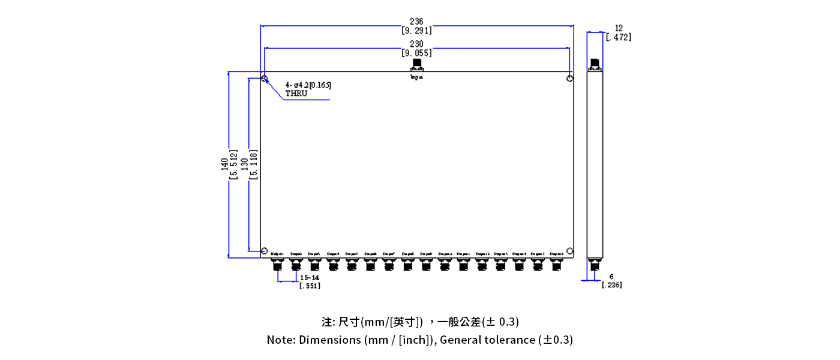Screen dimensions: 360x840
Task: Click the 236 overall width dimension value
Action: [416, 22]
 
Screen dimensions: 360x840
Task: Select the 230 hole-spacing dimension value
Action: [416, 44]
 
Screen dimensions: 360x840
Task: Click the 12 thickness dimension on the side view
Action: [619, 28]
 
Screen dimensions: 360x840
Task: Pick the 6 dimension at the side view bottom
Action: [611, 277]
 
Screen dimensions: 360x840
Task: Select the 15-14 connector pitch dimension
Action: [310, 278]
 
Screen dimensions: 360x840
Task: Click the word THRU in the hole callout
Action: [296, 94]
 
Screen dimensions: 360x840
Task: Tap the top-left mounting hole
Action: [264, 78]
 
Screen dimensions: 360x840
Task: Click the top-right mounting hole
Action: [570, 78]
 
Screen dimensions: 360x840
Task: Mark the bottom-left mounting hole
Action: [264, 251]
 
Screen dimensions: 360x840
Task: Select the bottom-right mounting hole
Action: [570, 251]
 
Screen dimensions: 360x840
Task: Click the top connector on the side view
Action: [595, 65]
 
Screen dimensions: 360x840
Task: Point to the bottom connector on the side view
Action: [594, 267]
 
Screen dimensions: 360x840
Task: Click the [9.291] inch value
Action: [416, 31]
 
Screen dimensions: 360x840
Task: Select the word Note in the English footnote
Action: [280, 340]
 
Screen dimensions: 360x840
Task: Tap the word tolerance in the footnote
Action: [512, 340]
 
